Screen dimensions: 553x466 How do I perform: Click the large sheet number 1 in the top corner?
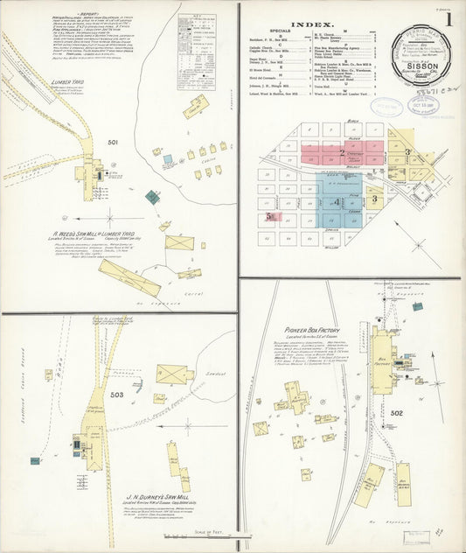[449, 18]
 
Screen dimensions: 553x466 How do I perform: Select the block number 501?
[112, 143]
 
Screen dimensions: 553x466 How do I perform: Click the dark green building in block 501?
[152, 198]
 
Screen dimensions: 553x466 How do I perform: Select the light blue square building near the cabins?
[167, 160]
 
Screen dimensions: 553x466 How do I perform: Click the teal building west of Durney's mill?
[35, 459]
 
